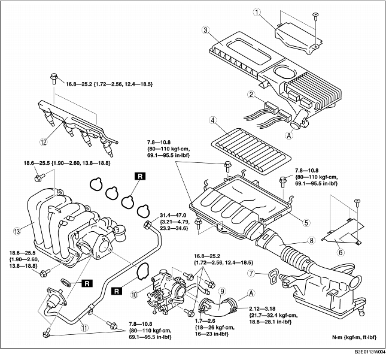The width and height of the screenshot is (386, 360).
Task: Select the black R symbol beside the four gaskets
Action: [139, 176]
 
